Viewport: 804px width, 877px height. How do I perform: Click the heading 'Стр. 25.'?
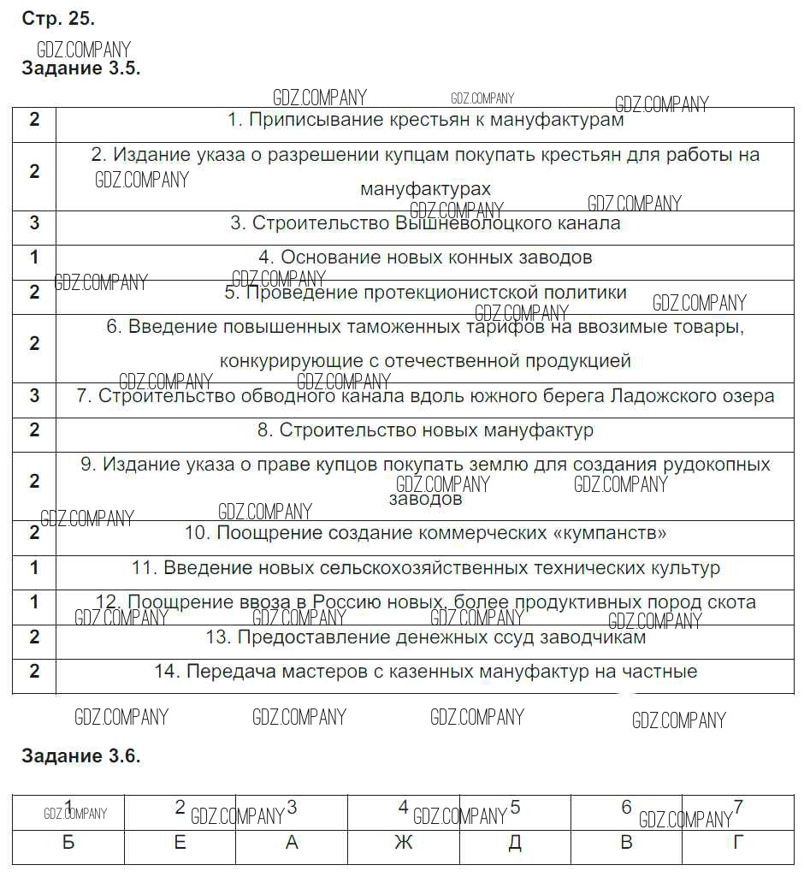coord(58,18)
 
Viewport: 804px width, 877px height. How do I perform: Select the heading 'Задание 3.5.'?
coord(80,69)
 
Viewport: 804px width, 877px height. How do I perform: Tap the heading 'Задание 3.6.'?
coord(80,756)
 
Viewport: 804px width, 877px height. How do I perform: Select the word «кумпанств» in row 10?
coord(611,533)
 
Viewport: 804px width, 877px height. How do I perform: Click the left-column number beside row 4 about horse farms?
coord(34,257)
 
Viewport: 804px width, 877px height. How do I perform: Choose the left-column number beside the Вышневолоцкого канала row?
coord(34,223)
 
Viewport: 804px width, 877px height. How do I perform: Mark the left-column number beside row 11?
coord(34,567)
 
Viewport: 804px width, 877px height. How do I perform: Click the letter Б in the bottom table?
coord(68,844)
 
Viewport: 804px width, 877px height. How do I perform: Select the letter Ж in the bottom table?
coord(403,844)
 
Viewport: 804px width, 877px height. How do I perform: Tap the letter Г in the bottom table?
coord(738,844)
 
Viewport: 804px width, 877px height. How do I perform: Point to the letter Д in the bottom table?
coord(515,844)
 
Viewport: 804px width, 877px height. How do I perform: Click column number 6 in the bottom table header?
coord(626,807)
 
